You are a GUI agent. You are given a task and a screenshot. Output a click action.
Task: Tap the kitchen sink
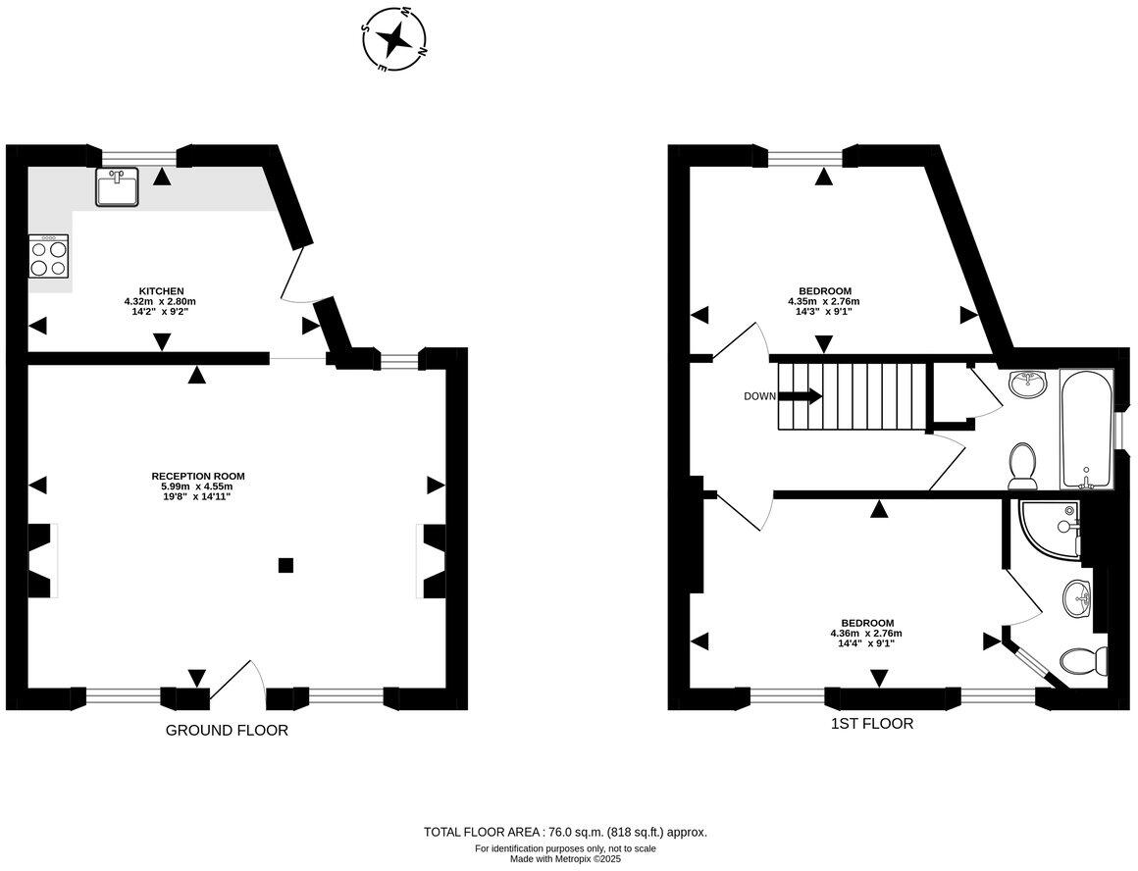pyautogui.click(x=117, y=187)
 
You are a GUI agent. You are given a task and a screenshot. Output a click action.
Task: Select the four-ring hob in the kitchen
pyautogui.click(x=48, y=257)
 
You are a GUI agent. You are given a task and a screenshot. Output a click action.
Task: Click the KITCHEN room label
pyautogui.click(x=160, y=291)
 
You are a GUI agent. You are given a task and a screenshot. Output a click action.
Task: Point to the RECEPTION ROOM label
pyautogui.click(x=197, y=476)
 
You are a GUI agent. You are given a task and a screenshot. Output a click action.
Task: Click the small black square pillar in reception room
pyautogui.click(x=284, y=564)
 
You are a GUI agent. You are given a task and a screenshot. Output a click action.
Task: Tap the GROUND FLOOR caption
pyautogui.click(x=227, y=731)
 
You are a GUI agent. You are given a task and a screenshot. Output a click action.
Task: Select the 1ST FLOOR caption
pyautogui.click(x=871, y=725)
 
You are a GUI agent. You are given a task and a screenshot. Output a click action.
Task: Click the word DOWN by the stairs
pyautogui.click(x=760, y=396)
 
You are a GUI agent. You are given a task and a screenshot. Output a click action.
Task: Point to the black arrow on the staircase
pyautogui.click(x=802, y=396)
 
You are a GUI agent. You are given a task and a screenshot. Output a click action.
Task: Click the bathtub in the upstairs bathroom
pyautogui.click(x=1086, y=430)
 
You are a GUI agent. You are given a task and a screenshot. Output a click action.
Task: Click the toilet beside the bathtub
pyautogui.click(x=1023, y=464)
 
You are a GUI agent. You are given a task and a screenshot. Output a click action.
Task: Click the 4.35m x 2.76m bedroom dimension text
pyautogui.click(x=823, y=301)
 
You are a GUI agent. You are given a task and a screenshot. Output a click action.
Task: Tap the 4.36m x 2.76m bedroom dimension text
pyautogui.click(x=866, y=634)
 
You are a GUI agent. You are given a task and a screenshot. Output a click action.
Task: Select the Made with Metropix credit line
pyautogui.click(x=565, y=859)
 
